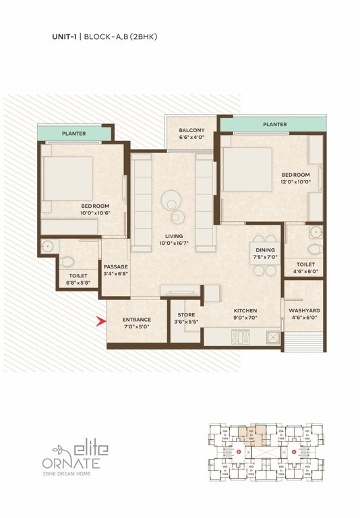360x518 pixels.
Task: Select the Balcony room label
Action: pyautogui.click(x=191, y=130)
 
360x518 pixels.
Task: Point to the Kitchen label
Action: pyautogui.click(x=245, y=311)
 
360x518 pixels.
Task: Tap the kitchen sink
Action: pyautogui.click(x=272, y=336)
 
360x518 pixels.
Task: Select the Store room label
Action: pyautogui.click(x=186, y=314)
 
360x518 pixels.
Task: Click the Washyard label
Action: pyautogui.click(x=303, y=311)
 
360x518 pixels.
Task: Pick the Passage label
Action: pyautogui.click(x=115, y=266)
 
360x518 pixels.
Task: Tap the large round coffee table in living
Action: pyautogui.click(x=171, y=200)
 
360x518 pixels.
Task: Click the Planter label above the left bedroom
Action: pyautogui.click(x=73, y=134)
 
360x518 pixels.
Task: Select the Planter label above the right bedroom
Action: pyautogui.click(x=274, y=125)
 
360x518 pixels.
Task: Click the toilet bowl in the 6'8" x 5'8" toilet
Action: pyautogui.click(x=68, y=261)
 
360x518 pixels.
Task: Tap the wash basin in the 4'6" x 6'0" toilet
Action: pyautogui.click(x=315, y=233)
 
